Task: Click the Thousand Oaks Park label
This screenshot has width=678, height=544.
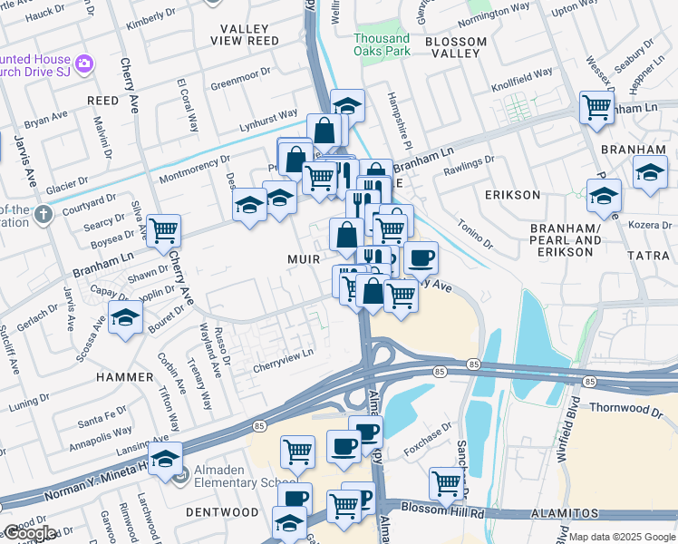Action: pos(382,44)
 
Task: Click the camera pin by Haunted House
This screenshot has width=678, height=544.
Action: pos(84,63)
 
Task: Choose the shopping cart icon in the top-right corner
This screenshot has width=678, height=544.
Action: pos(596,107)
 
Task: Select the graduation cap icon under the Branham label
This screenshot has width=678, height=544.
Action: pos(650,173)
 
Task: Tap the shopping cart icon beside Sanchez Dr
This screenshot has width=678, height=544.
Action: pos(447,483)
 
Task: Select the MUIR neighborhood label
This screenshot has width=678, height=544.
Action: pos(303,258)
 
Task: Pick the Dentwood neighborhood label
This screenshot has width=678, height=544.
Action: pos(223,512)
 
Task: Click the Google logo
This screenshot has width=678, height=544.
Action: pos(30,533)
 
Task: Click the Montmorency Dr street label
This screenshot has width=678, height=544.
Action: pos(194,170)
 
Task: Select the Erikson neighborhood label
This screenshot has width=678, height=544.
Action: pos(512,195)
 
